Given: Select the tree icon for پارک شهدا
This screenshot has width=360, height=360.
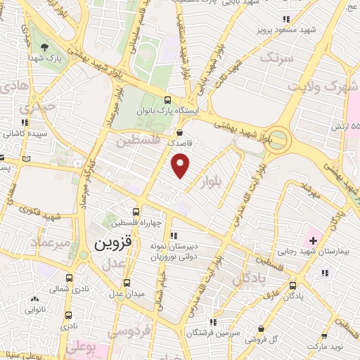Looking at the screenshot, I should pos(45,47).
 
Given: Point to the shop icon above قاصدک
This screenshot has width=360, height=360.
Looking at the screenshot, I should pos(180,131).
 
